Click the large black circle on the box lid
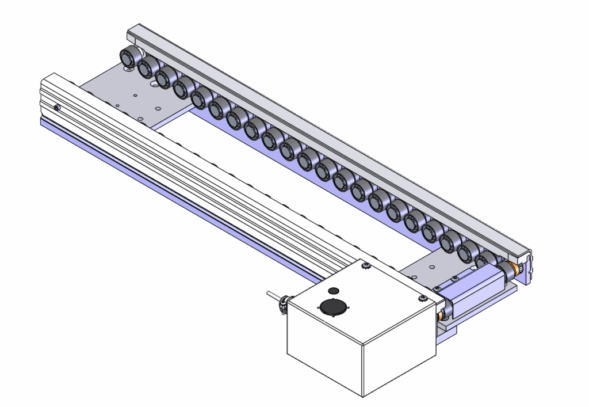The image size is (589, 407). [x=332, y=307]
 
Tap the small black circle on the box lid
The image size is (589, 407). [x=334, y=290]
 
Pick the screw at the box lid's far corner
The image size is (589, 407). [x=365, y=265]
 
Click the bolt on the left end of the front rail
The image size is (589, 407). [x=56, y=108]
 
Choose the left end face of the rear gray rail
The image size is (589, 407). [x=130, y=33]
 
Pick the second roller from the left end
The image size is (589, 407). [x=148, y=66]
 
